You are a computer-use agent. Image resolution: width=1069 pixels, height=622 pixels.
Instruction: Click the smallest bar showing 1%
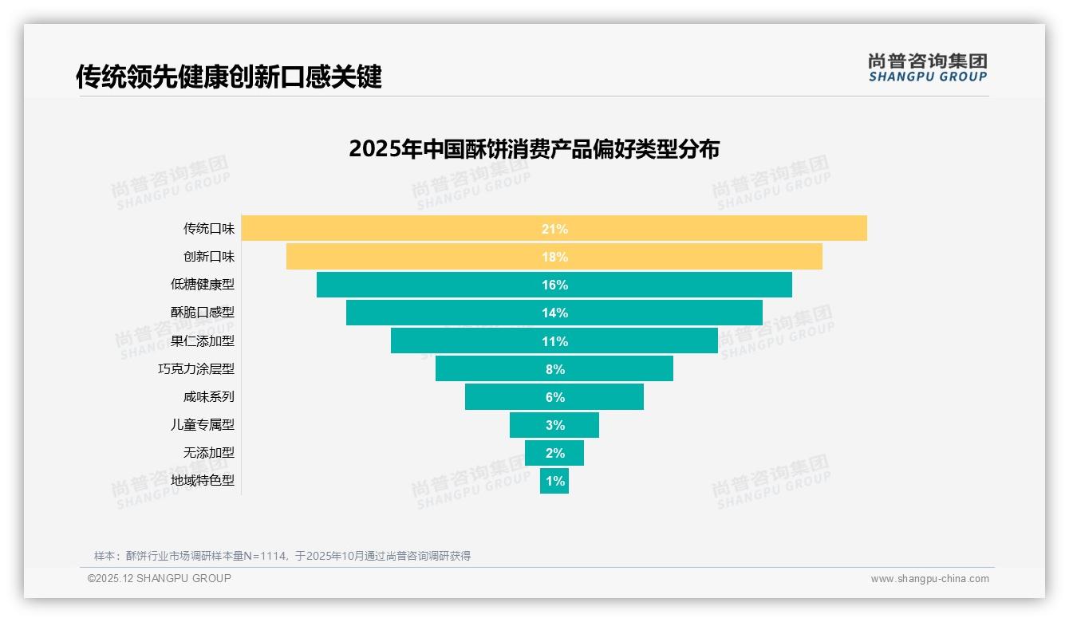click(x=554, y=481)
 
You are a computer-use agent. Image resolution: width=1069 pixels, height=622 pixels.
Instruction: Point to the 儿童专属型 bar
click(x=554, y=425)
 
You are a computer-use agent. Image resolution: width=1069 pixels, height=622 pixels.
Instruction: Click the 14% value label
click(x=554, y=313)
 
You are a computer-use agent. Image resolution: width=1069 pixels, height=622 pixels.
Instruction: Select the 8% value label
click(x=554, y=369)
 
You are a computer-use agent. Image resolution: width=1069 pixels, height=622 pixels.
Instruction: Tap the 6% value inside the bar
click(x=554, y=397)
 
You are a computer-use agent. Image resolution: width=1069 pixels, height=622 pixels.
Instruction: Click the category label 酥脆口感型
click(x=203, y=313)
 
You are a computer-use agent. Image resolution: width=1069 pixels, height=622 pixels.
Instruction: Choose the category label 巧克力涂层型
click(x=196, y=369)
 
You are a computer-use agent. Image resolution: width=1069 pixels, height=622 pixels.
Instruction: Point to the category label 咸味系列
click(x=209, y=397)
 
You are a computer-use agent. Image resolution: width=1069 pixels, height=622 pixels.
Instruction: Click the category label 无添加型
click(x=209, y=453)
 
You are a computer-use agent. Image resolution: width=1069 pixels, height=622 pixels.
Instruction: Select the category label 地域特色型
click(x=203, y=481)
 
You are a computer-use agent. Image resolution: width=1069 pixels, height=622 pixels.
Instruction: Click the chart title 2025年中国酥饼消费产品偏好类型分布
click(x=534, y=149)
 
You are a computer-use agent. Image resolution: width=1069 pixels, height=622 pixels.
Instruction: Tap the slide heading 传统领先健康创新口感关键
click(x=229, y=77)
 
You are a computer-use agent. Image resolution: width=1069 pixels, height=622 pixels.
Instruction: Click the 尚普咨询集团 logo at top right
click(x=927, y=67)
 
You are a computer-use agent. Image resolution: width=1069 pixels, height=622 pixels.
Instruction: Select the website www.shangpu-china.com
click(x=929, y=579)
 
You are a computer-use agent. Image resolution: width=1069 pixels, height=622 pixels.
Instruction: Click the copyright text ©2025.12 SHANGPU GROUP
click(x=160, y=578)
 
